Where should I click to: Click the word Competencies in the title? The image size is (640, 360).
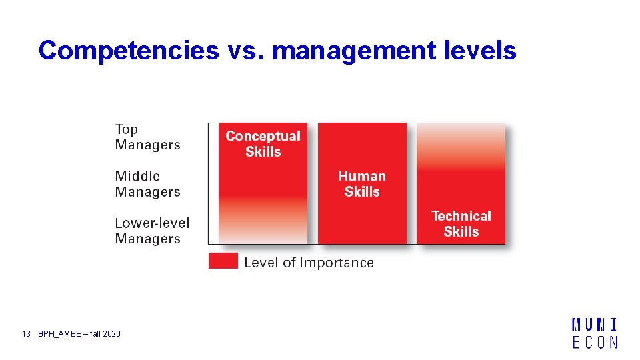point(128,51)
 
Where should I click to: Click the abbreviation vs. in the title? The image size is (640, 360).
point(242,51)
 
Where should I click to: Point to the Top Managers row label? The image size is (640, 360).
point(147,137)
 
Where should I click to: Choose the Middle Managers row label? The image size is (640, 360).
point(147,184)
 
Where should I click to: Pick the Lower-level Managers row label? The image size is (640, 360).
point(152,231)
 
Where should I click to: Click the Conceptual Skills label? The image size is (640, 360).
point(263,144)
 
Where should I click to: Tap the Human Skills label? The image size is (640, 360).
point(362,184)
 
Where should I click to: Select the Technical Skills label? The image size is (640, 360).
point(461,224)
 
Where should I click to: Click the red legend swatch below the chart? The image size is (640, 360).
point(223,261)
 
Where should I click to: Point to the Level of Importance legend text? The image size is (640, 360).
point(309,263)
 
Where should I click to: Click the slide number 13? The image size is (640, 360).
point(27,333)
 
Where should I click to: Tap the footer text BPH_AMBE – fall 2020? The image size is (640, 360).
point(79,333)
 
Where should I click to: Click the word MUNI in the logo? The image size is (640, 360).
point(594,326)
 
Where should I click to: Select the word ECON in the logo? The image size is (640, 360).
point(594,342)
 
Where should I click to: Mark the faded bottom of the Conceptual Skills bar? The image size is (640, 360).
point(263,227)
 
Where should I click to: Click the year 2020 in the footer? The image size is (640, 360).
point(112,333)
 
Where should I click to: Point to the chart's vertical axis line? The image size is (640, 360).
point(209,183)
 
